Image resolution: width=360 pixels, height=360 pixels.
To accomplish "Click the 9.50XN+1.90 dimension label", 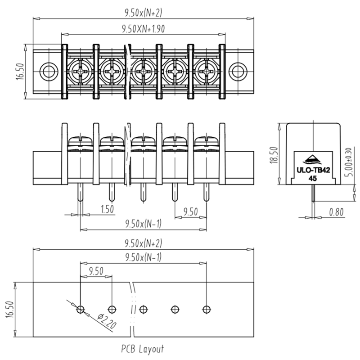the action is tap(143, 29).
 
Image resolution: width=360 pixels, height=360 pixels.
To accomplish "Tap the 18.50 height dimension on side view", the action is tap(274, 155).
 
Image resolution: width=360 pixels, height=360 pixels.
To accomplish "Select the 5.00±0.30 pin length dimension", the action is tap(348, 162).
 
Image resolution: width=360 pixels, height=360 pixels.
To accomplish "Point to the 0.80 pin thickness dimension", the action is tap(336, 212).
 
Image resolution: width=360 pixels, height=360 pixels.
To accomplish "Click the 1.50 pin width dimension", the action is tap(108, 209).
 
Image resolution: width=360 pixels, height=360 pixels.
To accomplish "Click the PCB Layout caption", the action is tap(143, 349).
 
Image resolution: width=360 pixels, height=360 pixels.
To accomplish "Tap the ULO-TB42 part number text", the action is tap(313, 170).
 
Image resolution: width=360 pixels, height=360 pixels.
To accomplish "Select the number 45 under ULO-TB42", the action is tap(313, 178).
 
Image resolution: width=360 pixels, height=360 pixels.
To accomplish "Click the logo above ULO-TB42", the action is tap(313, 160).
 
